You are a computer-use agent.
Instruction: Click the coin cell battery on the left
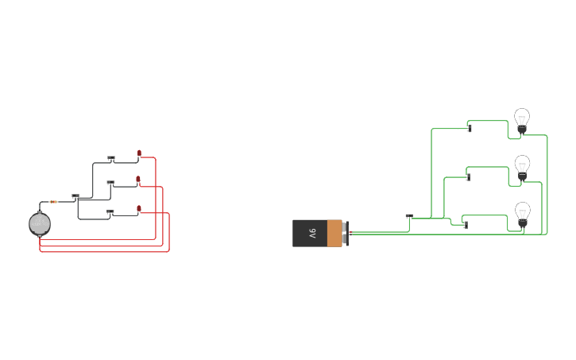40,224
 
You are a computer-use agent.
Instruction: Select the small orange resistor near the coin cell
53,202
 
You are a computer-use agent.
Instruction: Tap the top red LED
139,153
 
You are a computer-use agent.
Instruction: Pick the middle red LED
138,180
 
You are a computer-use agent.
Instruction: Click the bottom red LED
139,209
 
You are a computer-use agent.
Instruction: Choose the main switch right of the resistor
75,196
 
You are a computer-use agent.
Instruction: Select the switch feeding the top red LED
111,158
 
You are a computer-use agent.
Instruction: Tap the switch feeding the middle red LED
110,183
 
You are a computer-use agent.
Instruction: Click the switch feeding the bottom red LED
110,212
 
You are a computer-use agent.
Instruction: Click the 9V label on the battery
312,233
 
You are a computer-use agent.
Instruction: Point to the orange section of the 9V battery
334,233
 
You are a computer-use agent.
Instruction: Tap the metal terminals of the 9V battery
346,233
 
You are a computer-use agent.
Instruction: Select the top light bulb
522,120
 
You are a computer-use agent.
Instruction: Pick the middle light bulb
522,167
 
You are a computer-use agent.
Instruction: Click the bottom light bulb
523,214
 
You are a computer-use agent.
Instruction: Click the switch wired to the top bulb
470,128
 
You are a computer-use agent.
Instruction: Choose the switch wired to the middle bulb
468,176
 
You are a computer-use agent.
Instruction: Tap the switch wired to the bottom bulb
465,225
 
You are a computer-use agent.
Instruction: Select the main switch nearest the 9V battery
409,216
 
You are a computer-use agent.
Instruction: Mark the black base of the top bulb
522,129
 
